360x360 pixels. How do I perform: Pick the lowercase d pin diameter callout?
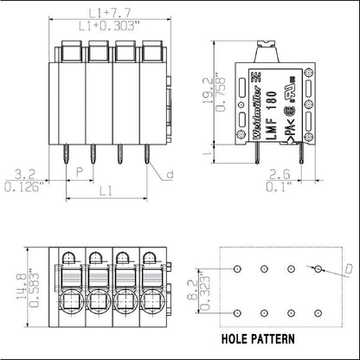pyautogui.click(x=170, y=174)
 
